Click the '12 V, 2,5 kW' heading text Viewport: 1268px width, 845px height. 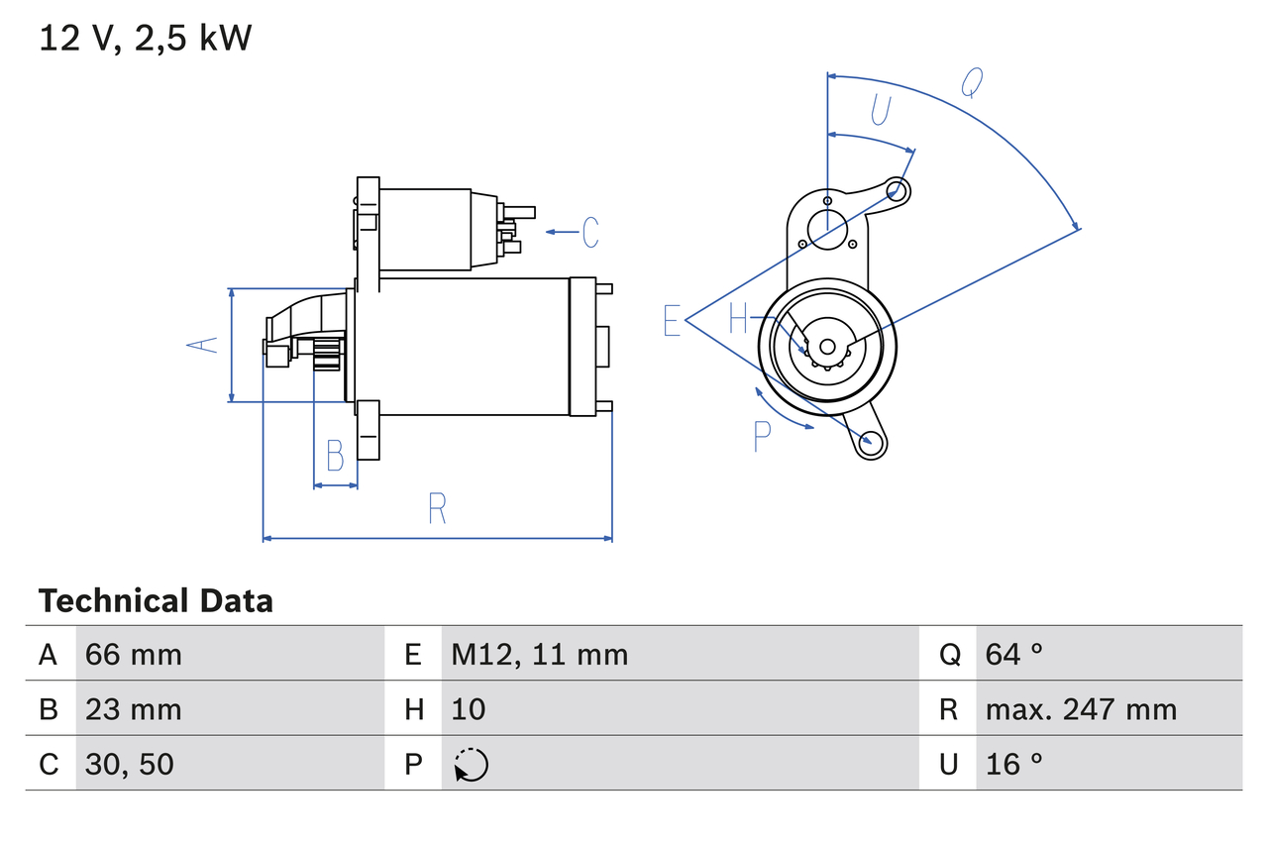tap(145, 39)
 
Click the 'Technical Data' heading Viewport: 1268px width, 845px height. tap(156, 600)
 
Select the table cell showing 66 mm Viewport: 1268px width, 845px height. tap(134, 654)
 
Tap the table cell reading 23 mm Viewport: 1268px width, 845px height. tap(134, 709)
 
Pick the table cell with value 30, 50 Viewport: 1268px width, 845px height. tap(130, 764)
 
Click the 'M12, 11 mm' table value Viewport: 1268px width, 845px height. tap(540, 654)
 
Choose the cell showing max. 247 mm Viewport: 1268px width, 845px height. tap(1081, 709)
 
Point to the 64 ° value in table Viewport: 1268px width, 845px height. tap(1014, 654)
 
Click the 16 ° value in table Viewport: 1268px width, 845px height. tap(1014, 764)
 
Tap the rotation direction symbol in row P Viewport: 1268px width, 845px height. tap(472, 765)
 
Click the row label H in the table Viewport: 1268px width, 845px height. tap(414, 709)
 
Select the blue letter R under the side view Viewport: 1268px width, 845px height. tap(437, 508)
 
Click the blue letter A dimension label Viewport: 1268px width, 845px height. tap(203, 345)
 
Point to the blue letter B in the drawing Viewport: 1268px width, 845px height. tap(335, 457)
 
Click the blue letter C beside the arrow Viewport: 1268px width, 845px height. tap(590, 232)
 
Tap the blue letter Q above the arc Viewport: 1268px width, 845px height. tap(972, 84)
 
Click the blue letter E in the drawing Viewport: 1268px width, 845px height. tap(673, 321)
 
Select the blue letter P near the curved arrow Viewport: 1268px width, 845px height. tap(762, 436)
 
